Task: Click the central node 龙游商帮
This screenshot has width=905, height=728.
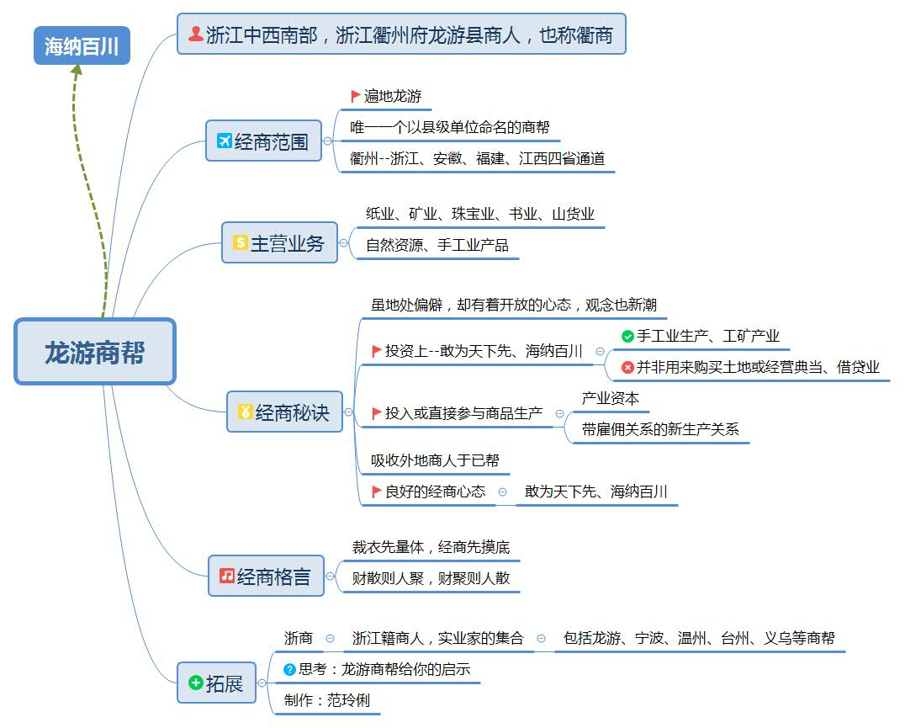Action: pos(94,352)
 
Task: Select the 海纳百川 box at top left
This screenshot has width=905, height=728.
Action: pos(82,45)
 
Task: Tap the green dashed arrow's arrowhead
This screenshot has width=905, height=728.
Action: pos(77,70)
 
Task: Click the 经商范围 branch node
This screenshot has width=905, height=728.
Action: pos(263,141)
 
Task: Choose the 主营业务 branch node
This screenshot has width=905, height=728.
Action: pos(278,243)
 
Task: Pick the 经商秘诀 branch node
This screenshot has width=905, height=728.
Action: pos(284,412)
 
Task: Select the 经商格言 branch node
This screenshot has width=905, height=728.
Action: pos(266,577)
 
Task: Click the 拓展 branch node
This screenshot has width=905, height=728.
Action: pos(216,683)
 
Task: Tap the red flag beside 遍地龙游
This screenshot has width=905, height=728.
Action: pos(356,96)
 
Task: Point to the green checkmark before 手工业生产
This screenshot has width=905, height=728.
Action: pos(627,337)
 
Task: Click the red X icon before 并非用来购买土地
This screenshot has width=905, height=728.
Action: pos(627,367)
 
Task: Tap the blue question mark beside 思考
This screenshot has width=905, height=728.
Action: pos(290,669)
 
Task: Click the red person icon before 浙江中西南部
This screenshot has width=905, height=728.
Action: pos(196,34)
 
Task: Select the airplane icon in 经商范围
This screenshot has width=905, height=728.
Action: pos(224,141)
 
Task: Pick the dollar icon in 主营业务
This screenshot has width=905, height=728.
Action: pos(240,243)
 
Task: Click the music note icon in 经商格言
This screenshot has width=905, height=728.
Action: pos(227,576)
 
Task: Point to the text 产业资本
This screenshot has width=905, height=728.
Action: pos(610,398)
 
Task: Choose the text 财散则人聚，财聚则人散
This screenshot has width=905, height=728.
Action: pos(431,578)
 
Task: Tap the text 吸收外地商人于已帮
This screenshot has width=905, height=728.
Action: pos(435,460)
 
